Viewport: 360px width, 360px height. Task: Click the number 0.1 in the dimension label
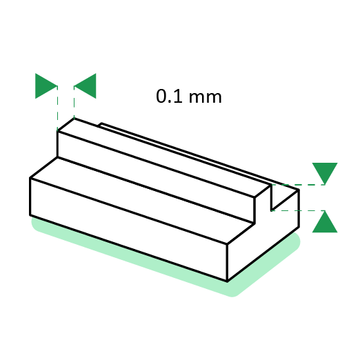point(169,96)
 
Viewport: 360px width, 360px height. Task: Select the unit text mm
point(205,97)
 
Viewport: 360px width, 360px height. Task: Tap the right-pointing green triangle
point(46,86)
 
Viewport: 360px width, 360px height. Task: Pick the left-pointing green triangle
point(85,86)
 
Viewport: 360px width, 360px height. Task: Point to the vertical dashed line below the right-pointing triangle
point(57,108)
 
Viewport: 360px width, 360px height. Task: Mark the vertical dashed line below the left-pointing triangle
point(74,103)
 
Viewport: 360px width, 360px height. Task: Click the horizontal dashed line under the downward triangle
point(298,185)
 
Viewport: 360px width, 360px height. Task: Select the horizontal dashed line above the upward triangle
point(298,210)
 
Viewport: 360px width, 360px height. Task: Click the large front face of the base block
point(128,230)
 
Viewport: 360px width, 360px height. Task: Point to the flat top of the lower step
point(142,200)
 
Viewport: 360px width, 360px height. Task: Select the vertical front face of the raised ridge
point(156,177)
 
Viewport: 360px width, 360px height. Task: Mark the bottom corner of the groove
point(272,210)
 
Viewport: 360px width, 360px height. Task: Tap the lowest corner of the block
point(227,281)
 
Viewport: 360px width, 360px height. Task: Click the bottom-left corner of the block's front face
point(30,215)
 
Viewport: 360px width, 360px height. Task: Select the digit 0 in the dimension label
point(161,96)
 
